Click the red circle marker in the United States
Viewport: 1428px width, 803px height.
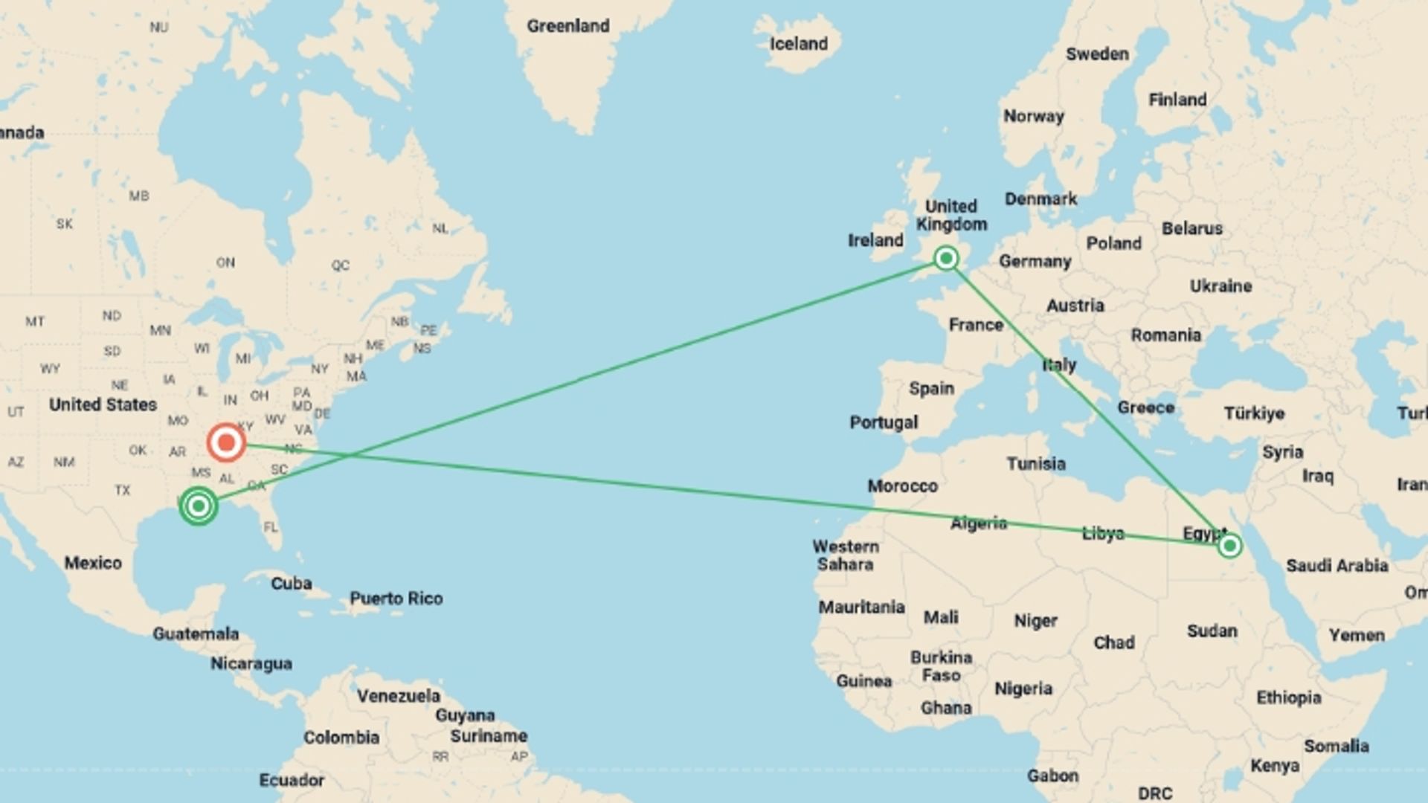tap(225, 442)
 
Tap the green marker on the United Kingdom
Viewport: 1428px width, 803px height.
tap(946, 258)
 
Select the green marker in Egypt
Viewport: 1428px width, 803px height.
tap(1229, 546)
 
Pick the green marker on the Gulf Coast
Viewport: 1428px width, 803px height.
tap(198, 506)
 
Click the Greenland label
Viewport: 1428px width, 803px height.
tap(567, 26)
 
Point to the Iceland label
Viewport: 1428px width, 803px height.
tap(798, 44)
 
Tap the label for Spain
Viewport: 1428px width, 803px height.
tap(931, 388)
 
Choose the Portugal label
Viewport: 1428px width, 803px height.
tap(884, 422)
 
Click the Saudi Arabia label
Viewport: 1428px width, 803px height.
tap(1337, 566)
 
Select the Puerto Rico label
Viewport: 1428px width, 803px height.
tap(396, 599)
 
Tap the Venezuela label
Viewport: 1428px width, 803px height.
tap(398, 696)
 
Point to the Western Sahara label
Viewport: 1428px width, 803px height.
tap(846, 555)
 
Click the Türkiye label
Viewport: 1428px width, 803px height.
tap(1254, 413)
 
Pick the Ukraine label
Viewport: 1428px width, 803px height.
tap(1220, 286)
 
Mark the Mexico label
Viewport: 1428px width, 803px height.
tap(92, 563)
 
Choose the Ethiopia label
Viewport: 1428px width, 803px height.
tap(1288, 697)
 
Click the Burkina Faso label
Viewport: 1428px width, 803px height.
tap(941, 666)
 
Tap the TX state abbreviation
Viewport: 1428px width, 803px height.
tap(123, 490)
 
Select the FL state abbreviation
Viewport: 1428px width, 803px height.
tap(270, 527)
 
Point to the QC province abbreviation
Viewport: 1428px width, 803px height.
tap(341, 265)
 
